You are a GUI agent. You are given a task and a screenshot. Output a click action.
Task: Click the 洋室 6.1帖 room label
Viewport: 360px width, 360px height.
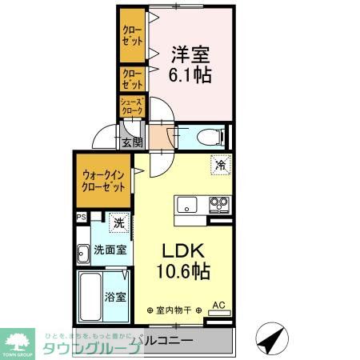click(190, 66)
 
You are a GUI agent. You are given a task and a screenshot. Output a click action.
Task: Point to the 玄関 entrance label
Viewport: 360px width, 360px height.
click(132, 142)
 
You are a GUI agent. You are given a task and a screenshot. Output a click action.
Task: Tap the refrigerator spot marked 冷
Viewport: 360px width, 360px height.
click(218, 166)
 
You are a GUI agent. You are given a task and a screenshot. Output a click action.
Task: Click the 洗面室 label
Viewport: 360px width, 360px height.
click(110, 250)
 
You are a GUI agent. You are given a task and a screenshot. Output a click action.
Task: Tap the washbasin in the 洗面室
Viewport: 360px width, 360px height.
click(83, 255)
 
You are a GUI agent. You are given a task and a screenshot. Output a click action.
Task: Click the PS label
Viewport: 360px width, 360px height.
click(81, 217)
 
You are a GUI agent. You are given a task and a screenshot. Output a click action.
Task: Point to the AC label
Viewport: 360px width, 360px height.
click(218, 305)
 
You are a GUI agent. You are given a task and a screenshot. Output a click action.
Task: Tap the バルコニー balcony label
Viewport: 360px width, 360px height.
click(162, 342)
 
